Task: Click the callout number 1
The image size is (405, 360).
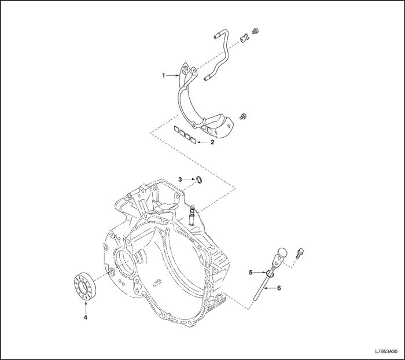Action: point(164,75)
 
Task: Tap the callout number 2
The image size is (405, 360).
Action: point(212,141)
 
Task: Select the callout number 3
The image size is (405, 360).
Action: point(180,179)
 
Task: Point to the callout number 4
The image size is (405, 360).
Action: point(85,317)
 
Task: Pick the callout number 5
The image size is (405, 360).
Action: point(251,271)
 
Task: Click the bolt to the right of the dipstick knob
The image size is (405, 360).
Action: point(300,253)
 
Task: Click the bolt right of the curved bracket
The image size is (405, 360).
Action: point(244,116)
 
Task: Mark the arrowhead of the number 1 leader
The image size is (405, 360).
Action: point(180,75)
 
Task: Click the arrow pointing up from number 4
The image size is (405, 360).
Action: point(85,304)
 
